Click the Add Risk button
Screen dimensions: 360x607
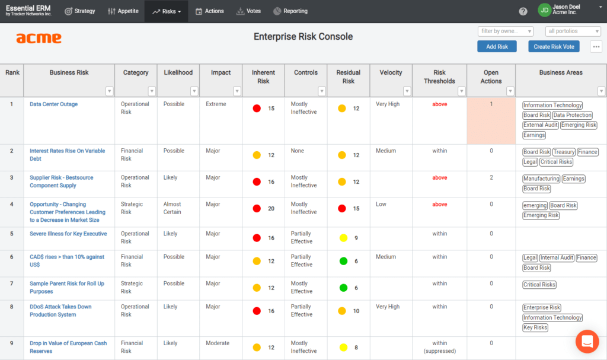[x=497, y=47]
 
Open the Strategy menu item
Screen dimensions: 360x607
[x=79, y=11]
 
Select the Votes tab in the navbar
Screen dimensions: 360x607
[x=248, y=11]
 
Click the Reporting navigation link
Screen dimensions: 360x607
[x=290, y=11]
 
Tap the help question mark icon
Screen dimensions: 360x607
[x=523, y=11]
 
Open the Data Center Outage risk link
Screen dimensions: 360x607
[x=53, y=104]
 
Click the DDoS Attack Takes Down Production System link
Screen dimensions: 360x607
[x=60, y=311]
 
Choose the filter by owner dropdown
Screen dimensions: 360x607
[x=506, y=31]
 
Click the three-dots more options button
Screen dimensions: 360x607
[x=596, y=47]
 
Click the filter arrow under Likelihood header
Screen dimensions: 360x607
[x=194, y=91]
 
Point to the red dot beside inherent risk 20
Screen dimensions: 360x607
[x=257, y=209]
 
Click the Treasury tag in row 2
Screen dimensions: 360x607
[x=564, y=152]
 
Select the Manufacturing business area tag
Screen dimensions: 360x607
[x=541, y=179]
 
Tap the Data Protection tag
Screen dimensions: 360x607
[x=572, y=115]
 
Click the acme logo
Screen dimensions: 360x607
[x=39, y=39]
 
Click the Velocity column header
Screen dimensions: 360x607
[x=391, y=73]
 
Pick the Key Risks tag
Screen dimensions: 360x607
[x=535, y=327]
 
